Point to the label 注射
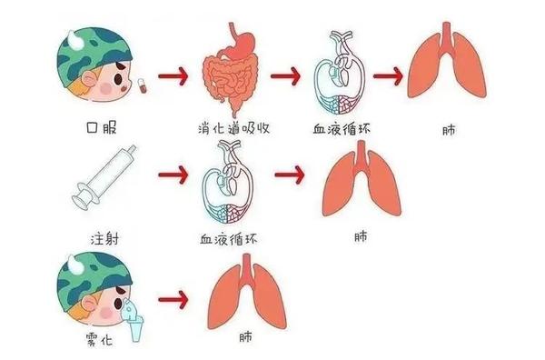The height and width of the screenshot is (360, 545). (x=104, y=239)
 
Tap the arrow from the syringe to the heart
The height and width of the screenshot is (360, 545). (x=172, y=172)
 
